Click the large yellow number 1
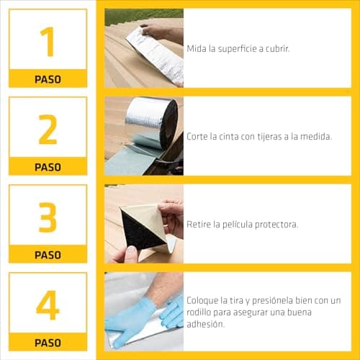click(48, 41)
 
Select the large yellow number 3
click(48, 217)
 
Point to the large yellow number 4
click(48, 305)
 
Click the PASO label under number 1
click(48, 79)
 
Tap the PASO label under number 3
click(48, 255)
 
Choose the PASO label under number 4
click(48, 343)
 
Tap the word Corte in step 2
click(199, 136)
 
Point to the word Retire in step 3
click(200, 225)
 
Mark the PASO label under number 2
click(48, 167)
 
